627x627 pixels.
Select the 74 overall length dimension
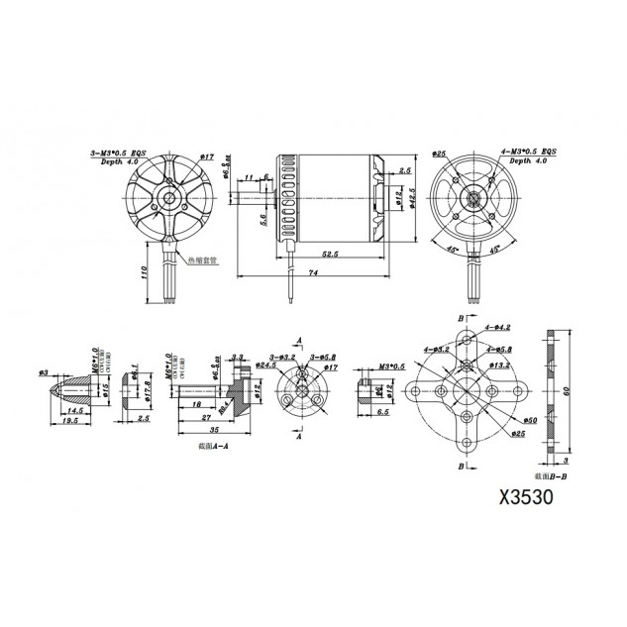click(313, 271)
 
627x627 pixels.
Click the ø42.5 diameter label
click(412, 191)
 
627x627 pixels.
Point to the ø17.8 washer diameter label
click(147, 385)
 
